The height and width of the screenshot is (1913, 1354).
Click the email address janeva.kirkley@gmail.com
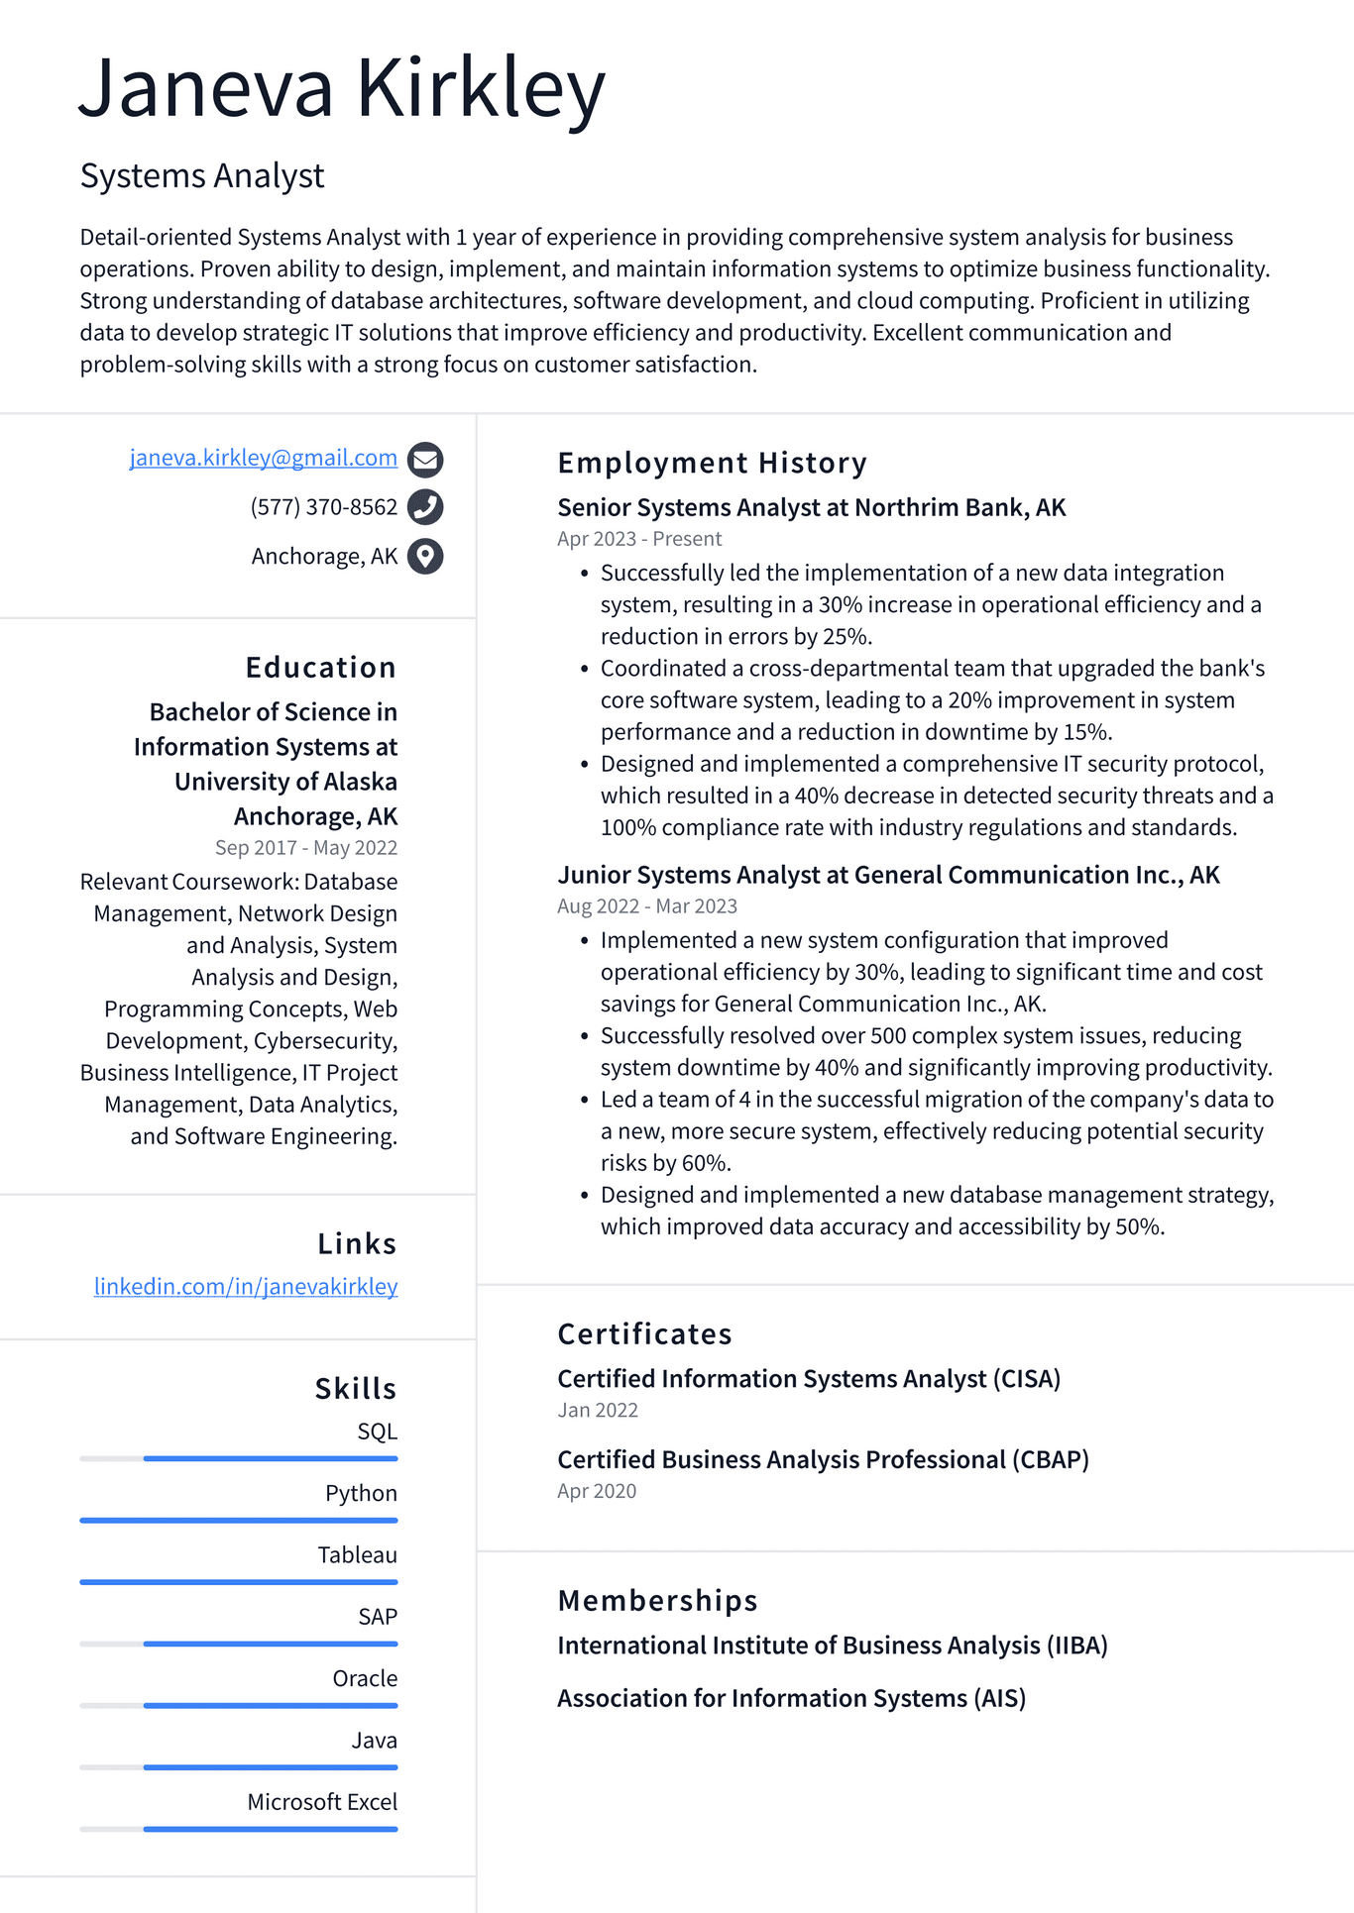[263, 458]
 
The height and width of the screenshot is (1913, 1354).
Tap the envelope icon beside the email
[425, 460]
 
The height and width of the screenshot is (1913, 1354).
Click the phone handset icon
[425, 507]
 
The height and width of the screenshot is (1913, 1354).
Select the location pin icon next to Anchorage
[425, 556]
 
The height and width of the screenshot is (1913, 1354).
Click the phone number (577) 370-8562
[323, 507]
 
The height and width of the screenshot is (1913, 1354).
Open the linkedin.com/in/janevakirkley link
[246, 1286]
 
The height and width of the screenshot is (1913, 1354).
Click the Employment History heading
[712, 463]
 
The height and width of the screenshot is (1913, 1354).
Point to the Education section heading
[320, 668]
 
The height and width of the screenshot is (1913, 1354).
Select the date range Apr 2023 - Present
[639, 539]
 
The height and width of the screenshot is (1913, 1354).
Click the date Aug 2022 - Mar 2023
[646, 906]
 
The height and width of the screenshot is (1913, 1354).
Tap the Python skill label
[361, 1493]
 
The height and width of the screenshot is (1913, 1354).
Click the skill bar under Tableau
[239, 1582]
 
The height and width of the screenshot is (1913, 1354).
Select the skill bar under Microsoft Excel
[239, 1829]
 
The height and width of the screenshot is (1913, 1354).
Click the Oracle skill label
[365, 1678]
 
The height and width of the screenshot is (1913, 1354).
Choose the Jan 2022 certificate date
[598, 1410]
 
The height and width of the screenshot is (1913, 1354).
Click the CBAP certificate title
[823, 1459]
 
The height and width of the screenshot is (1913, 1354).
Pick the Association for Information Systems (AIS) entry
[791, 1698]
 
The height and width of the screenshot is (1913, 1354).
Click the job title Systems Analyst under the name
[202, 176]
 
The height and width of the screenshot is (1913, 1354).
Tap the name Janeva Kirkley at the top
[342, 89]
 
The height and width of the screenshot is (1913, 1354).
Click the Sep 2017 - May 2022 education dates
[305, 848]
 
